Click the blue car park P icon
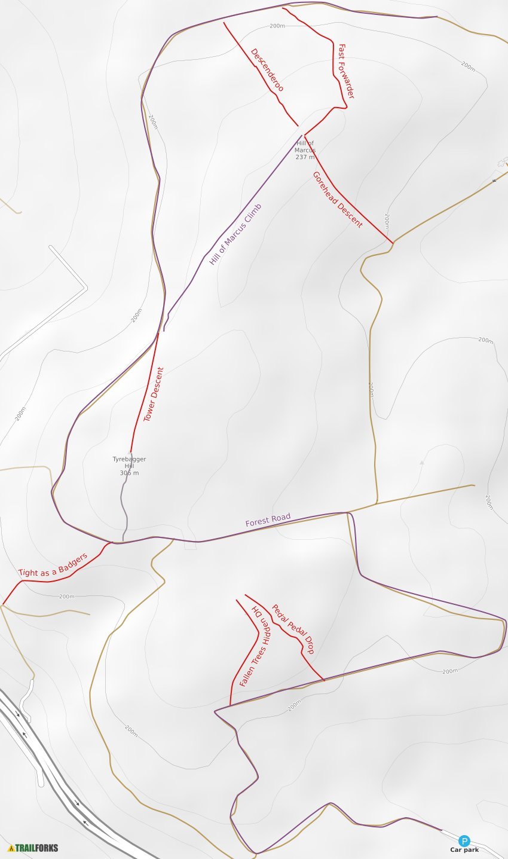point(464,840)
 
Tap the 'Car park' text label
point(464,850)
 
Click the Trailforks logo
point(33,848)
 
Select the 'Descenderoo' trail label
point(267,70)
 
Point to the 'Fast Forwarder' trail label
point(346,71)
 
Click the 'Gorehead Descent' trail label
point(338,199)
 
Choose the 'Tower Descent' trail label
point(154,395)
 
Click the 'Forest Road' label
point(268,520)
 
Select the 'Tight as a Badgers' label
point(53,565)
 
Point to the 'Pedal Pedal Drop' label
point(293,629)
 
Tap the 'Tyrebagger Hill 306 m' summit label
point(129,466)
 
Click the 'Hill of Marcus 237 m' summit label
point(305,150)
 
